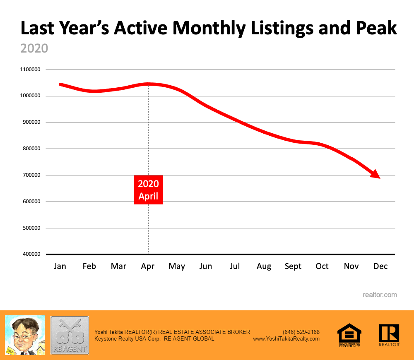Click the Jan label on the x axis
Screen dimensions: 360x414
point(60,266)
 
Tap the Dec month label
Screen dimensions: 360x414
point(380,266)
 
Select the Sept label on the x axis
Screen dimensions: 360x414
point(293,266)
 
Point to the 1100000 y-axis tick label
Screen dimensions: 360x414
point(30,70)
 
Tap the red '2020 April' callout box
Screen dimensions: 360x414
point(148,190)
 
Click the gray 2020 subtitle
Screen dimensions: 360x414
point(34,48)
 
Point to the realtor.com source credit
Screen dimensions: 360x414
point(380,295)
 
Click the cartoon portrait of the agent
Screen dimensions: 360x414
point(24,335)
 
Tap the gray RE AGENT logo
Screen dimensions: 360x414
point(70,335)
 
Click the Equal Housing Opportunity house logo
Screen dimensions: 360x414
point(349,335)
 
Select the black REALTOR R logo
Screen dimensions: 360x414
point(389,335)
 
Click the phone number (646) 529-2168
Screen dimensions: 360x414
point(301,332)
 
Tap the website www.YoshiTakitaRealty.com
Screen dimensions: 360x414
point(286,338)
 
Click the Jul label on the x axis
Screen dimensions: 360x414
point(235,266)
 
